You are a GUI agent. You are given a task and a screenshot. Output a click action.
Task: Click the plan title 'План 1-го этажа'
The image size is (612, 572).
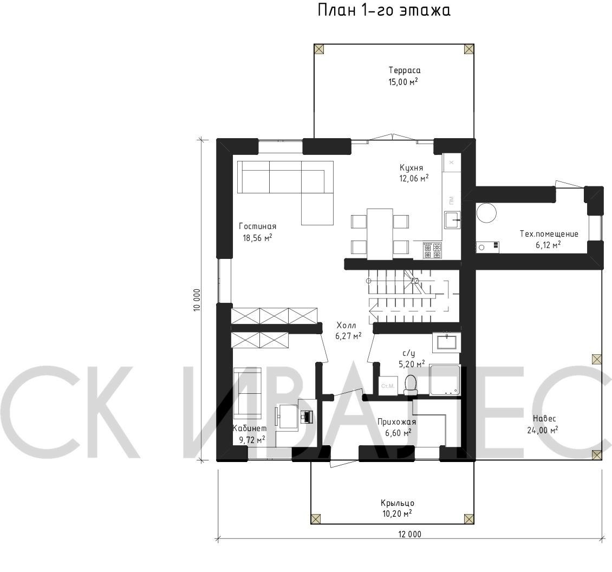[384, 10]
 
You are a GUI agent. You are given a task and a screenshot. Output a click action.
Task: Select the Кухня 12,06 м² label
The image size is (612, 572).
[414, 173]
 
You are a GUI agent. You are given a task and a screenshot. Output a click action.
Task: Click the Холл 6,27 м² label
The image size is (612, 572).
[348, 330]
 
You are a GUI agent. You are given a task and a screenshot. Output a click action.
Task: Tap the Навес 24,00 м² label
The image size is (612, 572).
[545, 424]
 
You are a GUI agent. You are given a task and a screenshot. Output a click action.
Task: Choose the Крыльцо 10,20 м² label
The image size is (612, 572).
[398, 508]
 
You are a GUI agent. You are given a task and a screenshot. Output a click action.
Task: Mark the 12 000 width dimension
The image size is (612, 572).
[410, 534]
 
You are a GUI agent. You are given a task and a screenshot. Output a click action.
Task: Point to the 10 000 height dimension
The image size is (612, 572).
[197, 300]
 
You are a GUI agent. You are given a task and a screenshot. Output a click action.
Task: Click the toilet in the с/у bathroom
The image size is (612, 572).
[411, 382]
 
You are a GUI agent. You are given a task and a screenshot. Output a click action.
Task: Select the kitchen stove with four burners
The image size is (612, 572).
[432, 250]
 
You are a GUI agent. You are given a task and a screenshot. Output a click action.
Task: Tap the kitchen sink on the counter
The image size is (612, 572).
[452, 219]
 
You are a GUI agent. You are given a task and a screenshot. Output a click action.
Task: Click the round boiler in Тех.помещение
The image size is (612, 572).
[486, 213]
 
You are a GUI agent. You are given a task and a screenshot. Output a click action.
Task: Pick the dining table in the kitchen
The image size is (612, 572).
[380, 234]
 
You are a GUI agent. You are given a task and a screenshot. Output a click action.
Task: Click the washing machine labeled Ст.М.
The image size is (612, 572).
[388, 386]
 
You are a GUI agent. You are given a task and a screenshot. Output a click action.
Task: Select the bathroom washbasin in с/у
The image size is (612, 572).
[446, 342]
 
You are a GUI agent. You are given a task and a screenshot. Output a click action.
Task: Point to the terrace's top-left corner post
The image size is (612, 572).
[319, 49]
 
